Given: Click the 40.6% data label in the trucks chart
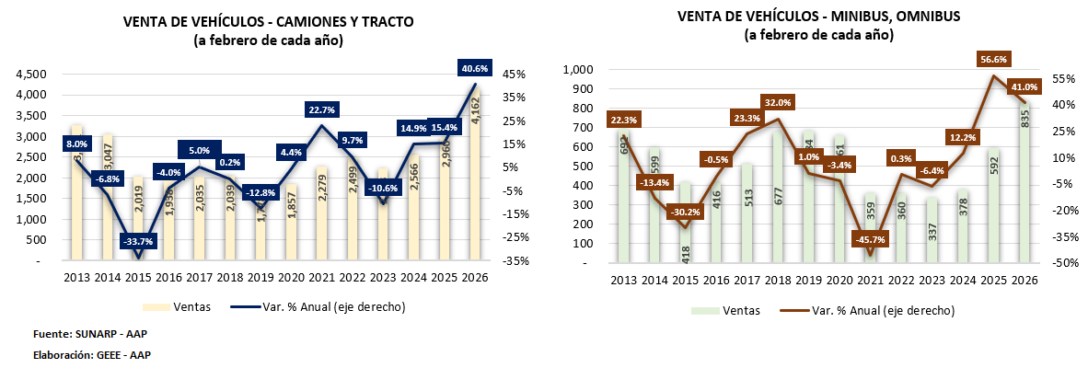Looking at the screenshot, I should pos(475,67).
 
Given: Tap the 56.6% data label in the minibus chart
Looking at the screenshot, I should pos(993,59).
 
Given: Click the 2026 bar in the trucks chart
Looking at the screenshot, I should pos(475,175).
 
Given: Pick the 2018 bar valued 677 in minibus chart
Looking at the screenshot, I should pos(778,198).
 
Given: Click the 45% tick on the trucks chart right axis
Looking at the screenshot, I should pos(514,75).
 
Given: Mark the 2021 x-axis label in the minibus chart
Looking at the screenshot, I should pos(871,281).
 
